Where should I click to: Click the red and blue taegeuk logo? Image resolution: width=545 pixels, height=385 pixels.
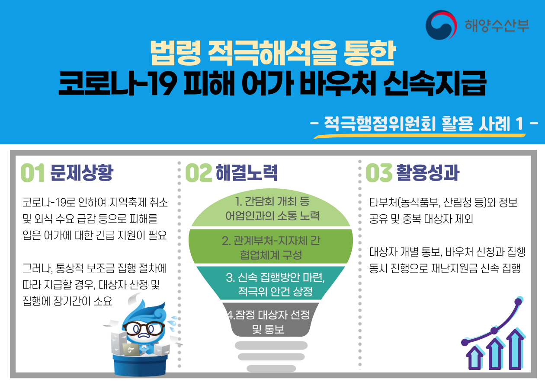[441, 25]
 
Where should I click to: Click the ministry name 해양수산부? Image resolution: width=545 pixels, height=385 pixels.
[497, 25]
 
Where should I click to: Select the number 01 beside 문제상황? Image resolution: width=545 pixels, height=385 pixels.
[32, 173]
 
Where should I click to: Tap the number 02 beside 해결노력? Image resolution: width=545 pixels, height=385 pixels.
[199, 173]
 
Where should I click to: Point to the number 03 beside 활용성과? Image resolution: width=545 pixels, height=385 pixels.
[379, 173]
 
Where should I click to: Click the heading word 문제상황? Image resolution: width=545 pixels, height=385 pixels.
[82, 172]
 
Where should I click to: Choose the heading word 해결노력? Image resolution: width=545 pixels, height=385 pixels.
[247, 172]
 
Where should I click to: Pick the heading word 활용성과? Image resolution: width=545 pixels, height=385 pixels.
[428, 172]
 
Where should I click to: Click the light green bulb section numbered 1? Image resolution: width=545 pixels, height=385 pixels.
[271, 208]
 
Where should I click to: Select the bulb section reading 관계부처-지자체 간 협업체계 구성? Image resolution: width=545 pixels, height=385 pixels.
[271, 246]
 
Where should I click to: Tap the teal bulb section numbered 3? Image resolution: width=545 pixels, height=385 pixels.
[271, 283]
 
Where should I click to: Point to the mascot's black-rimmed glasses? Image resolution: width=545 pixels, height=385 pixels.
[144, 328]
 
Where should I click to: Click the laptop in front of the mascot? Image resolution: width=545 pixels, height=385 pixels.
[131, 350]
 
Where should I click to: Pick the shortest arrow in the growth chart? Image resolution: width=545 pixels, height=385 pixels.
[474, 358]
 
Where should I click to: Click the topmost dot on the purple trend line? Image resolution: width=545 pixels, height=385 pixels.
[518, 302]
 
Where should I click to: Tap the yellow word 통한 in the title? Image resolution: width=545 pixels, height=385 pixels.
[369, 53]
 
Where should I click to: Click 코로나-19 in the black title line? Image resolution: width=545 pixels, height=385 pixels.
[117, 83]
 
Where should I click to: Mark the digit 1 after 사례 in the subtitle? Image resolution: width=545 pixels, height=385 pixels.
[519, 124]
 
